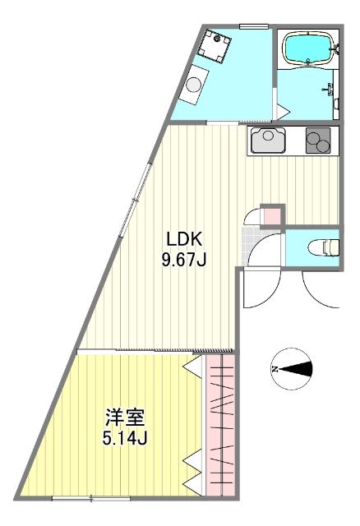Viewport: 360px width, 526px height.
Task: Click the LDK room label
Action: click(x=185, y=239)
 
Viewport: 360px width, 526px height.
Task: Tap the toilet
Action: click(x=324, y=246)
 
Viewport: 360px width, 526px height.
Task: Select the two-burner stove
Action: click(x=320, y=141)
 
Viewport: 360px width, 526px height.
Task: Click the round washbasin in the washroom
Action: click(x=196, y=84)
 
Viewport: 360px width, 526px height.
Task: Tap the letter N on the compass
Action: click(x=277, y=369)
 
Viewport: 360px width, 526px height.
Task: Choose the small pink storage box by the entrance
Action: click(x=270, y=215)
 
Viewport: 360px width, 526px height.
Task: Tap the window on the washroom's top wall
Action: click(x=252, y=27)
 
